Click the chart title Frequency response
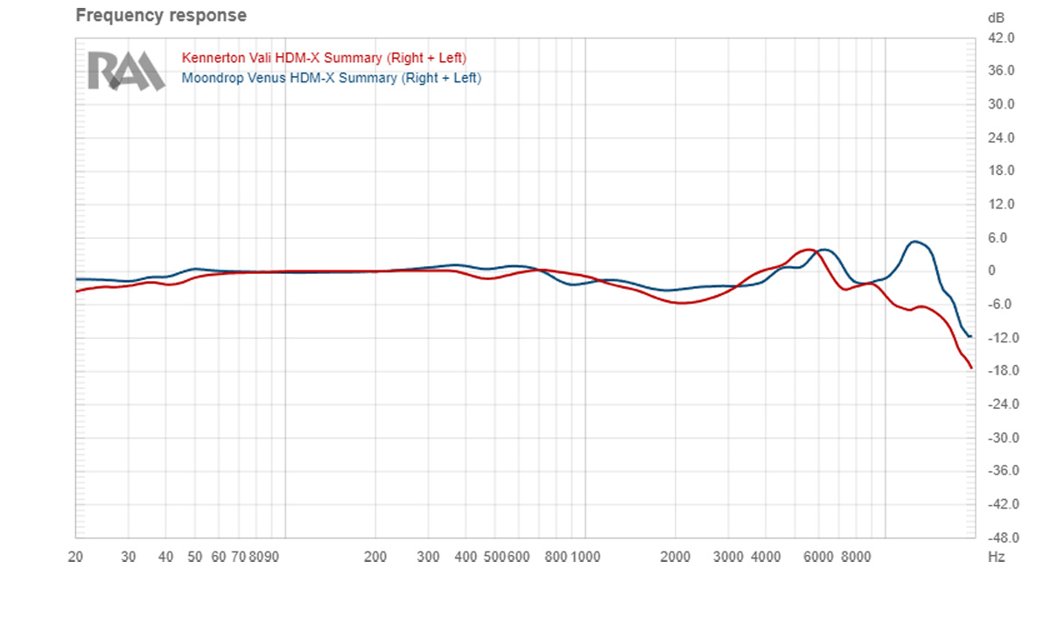(x=161, y=16)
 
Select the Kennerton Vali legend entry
(x=324, y=58)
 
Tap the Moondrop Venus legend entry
(x=331, y=78)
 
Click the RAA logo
(x=125, y=71)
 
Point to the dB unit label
(x=996, y=18)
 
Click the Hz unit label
(x=996, y=556)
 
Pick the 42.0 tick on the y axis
(x=1000, y=39)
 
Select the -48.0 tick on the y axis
(x=999, y=537)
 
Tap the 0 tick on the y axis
(x=992, y=271)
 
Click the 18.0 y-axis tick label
(x=1000, y=172)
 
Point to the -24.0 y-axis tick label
(x=999, y=404)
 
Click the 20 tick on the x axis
(x=76, y=556)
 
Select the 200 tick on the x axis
(x=375, y=556)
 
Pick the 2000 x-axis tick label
(x=675, y=556)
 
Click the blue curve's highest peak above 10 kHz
(x=915, y=242)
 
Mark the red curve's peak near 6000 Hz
(x=808, y=249)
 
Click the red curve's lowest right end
(x=971, y=368)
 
